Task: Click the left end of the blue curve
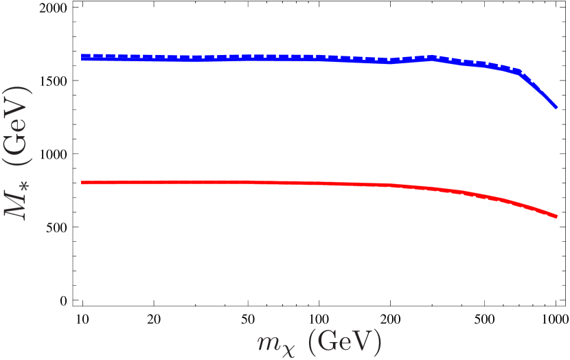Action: coord(82,58)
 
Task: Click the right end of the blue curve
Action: coord(556,107)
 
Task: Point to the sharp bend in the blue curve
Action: coord(520,71)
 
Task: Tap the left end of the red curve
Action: coord(82,183)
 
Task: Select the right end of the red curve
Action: coord(557,217)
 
